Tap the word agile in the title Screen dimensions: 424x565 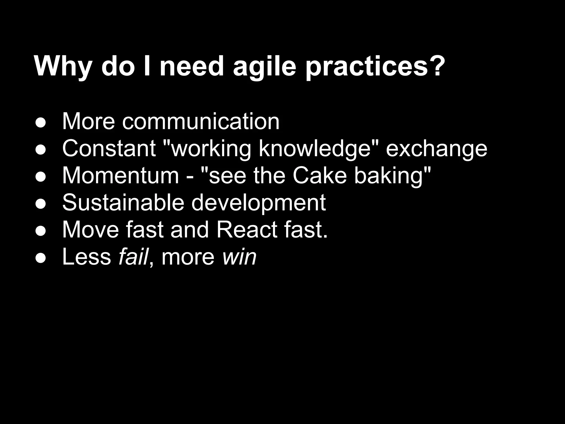(265, 67)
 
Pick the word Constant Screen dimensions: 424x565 (109, 148)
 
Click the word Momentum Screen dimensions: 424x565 (121, 176)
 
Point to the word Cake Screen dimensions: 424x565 (319, 176)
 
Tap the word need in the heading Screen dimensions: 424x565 (191, 67)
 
